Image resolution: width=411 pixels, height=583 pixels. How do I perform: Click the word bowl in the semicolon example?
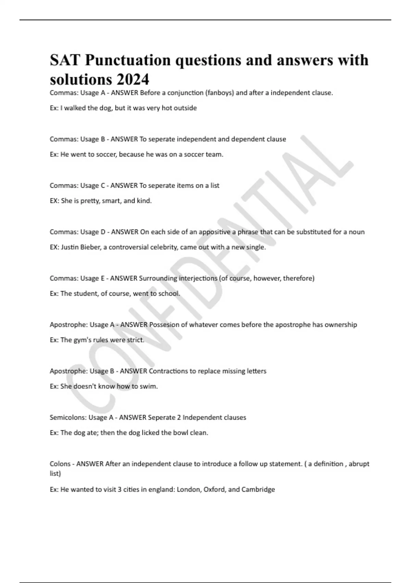pyautogui.click(x=180, y=433)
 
